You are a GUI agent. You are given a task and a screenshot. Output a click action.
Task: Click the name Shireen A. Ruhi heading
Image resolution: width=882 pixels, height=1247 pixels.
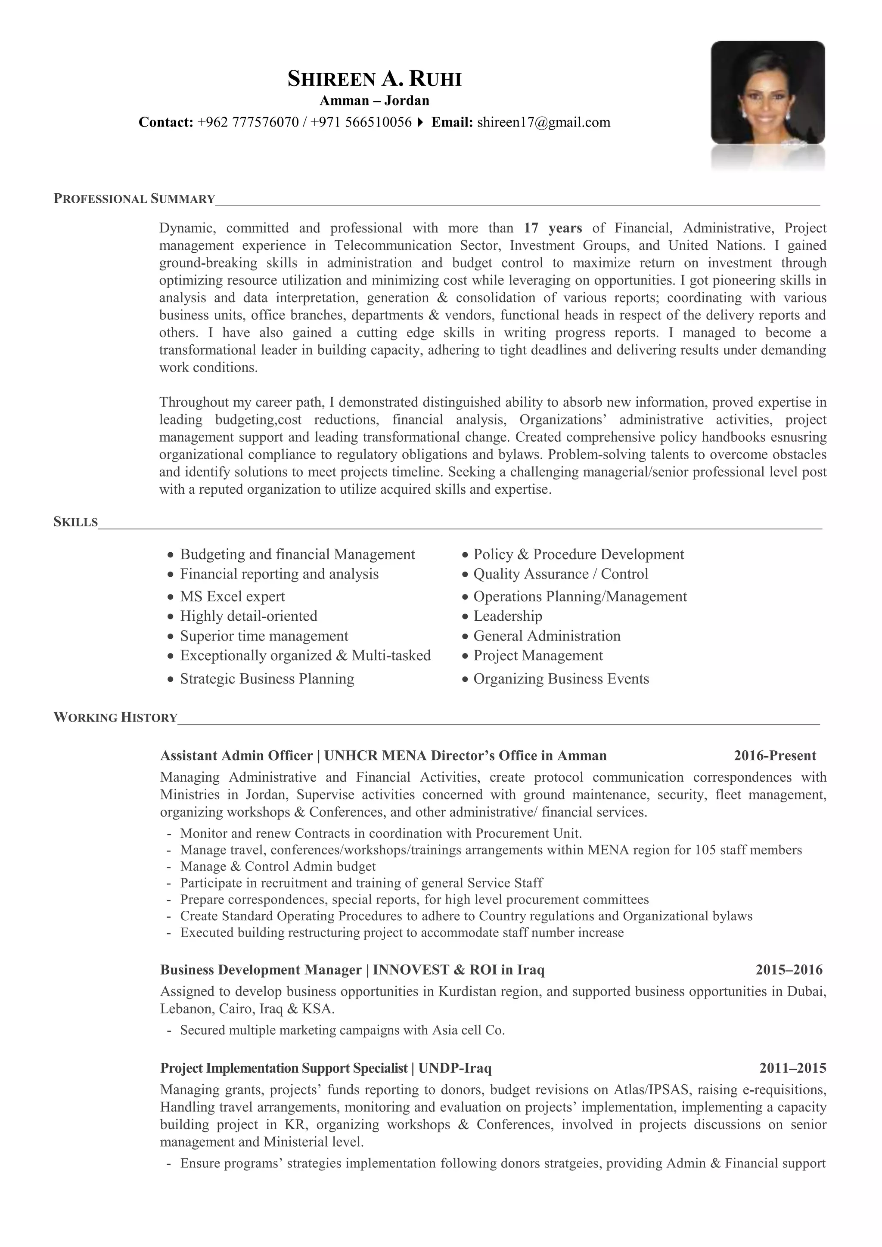[374, 79]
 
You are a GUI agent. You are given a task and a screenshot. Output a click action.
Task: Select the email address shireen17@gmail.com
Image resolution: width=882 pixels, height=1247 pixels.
[543, 122]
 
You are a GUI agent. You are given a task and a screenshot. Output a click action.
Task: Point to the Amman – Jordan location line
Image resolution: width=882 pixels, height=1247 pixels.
[374, 100]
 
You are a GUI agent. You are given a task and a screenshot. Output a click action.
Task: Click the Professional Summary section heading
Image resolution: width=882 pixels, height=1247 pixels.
[134, 199]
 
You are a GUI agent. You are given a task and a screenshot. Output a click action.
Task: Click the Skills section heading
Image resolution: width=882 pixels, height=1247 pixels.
[75, 523]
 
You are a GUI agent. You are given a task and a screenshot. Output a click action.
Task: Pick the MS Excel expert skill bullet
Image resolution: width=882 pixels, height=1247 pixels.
[232, 596]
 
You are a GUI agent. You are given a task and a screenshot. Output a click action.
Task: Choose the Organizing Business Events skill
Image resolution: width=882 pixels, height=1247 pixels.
[561, 679]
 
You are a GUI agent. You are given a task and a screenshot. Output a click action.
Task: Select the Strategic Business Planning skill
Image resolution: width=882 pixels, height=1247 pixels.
[267, 679]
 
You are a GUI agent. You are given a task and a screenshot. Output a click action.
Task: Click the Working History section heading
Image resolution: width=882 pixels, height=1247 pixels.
[115, 718]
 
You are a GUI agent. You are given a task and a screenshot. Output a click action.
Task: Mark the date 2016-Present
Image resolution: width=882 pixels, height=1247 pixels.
[774, 756]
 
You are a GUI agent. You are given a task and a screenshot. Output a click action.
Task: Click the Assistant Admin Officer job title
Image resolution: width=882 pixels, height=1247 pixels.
[236, 756]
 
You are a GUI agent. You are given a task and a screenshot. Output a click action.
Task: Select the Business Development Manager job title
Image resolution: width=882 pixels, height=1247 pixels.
[261, 970]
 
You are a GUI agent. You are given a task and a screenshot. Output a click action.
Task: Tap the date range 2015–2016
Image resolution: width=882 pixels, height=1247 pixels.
[789, 970]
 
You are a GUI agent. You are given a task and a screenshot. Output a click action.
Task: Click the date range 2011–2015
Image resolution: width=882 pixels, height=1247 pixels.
[792, 1068]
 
